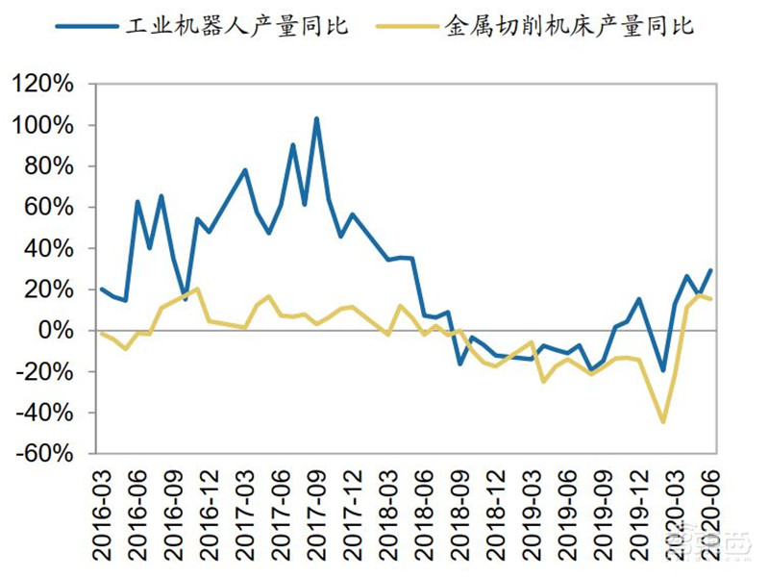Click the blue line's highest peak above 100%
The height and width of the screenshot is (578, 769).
[x=316, y=119]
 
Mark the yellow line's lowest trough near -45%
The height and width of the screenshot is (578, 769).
[x=663, y=421]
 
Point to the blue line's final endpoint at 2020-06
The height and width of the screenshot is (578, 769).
[x=711, y=270]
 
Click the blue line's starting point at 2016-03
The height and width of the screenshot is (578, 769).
[x=102, y=289]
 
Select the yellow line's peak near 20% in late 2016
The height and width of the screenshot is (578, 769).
[x=197, y=289]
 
